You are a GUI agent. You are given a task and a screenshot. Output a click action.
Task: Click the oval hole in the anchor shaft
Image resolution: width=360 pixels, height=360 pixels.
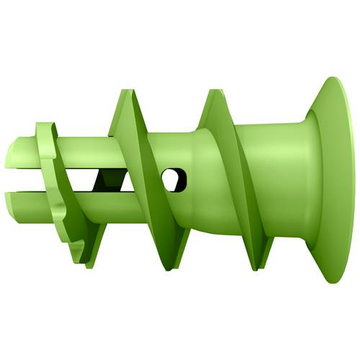tap(174, 179)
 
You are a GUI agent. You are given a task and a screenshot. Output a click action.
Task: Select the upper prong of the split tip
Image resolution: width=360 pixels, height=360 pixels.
tap(29, 153)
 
